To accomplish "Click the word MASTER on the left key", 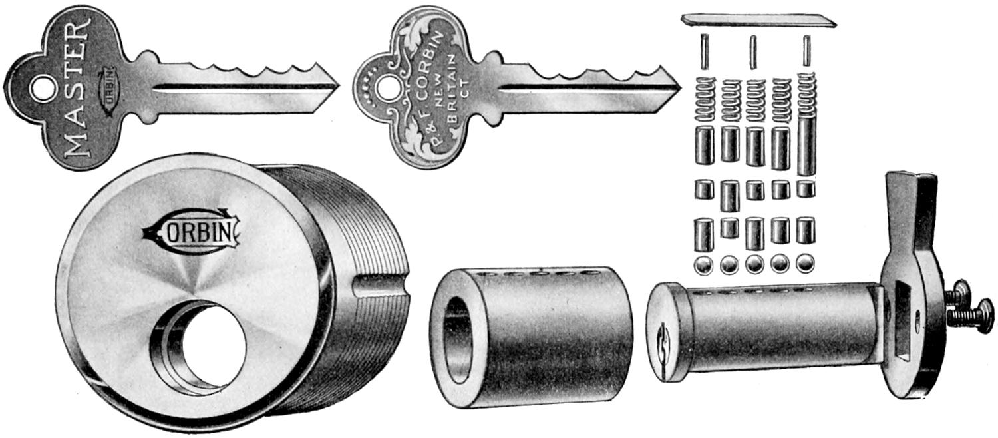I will click(77, 87).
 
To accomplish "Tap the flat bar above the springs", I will click(758, 21).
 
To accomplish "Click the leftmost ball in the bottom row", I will click(703, 264).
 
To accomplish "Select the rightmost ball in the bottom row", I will click(805, 263).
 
